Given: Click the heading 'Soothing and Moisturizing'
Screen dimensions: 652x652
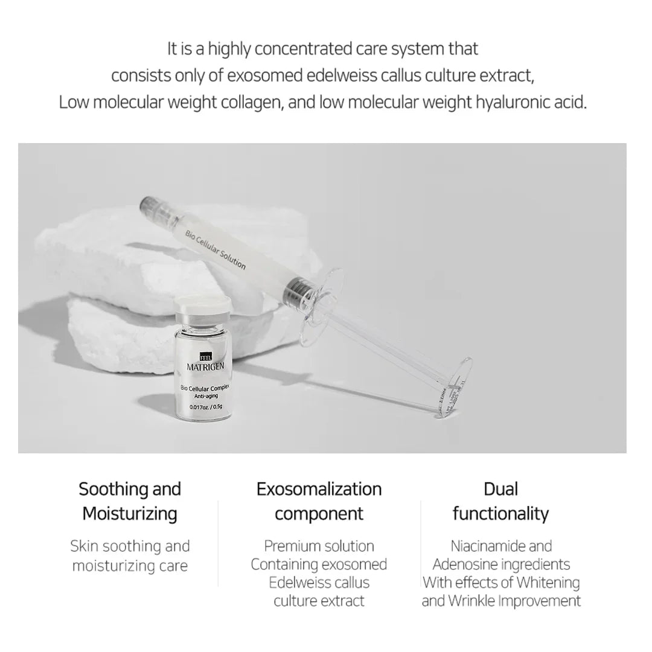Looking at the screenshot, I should (130, 501).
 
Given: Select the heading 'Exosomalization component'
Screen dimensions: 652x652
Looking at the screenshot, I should (319, 501).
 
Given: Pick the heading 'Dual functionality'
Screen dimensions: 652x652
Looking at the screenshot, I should (500, 501).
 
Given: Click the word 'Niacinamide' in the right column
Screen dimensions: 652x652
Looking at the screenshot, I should (480, 546).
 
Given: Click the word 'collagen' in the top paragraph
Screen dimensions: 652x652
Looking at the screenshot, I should (248, 102).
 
